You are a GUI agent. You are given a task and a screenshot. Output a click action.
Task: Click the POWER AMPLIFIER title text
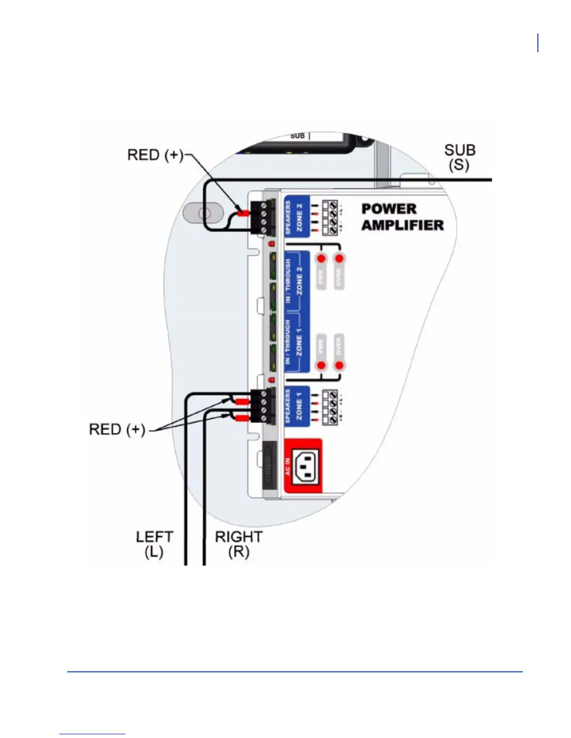402,217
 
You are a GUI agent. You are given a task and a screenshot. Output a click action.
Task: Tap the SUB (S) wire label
460,157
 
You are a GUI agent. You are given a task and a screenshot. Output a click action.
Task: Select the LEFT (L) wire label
154,544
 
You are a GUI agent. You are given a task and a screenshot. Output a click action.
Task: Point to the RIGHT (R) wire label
238,544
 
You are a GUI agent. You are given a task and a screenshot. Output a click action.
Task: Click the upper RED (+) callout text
155,155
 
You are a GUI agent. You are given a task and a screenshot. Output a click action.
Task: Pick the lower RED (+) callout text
117,429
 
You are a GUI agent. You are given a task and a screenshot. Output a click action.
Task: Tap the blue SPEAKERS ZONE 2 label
297,216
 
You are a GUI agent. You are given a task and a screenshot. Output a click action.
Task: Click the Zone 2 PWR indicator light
321,258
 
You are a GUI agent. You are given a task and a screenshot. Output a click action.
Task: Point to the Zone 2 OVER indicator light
339,258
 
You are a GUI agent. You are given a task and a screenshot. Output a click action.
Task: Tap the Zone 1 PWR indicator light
321,365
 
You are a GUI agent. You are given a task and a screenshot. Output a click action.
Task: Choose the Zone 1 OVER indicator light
339,365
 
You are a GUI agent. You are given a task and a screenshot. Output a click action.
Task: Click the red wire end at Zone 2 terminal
243,213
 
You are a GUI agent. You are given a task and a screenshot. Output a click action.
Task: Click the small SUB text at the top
297,136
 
